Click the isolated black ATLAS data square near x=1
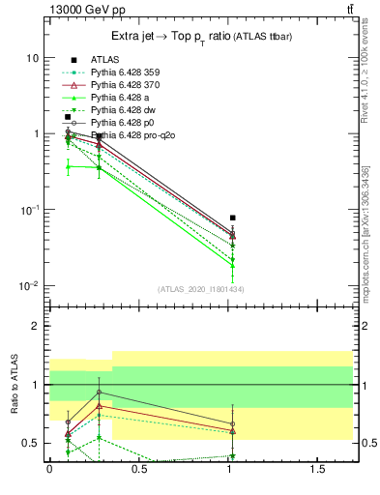[232, 218]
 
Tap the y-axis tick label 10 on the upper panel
[32, 58]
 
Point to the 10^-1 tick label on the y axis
[29, 210]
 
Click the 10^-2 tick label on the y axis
[29, 286]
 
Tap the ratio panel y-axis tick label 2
[35, 326]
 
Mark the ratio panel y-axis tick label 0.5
[30, 444]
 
